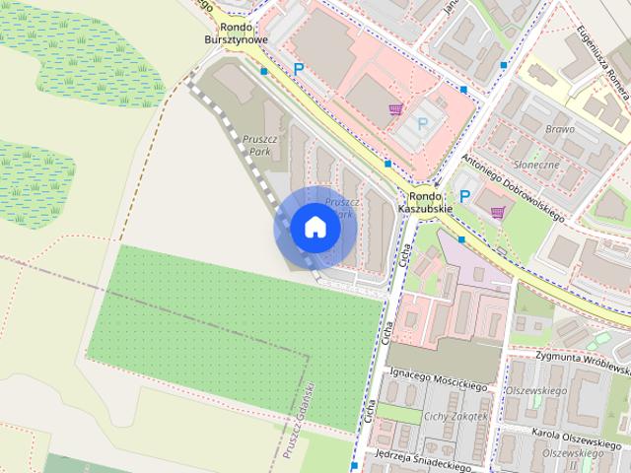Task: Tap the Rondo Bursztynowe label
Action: [235, 34]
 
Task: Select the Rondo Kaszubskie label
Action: [425, 203]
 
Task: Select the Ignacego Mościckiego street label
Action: [439, 380]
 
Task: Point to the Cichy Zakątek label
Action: [456, 416]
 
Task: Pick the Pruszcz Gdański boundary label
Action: [296, 419]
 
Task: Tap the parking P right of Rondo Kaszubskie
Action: [464, 196]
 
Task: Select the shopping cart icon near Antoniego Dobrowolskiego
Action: [497, 212]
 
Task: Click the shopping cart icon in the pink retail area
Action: [395, 109]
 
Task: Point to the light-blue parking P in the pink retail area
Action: [423, 123]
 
